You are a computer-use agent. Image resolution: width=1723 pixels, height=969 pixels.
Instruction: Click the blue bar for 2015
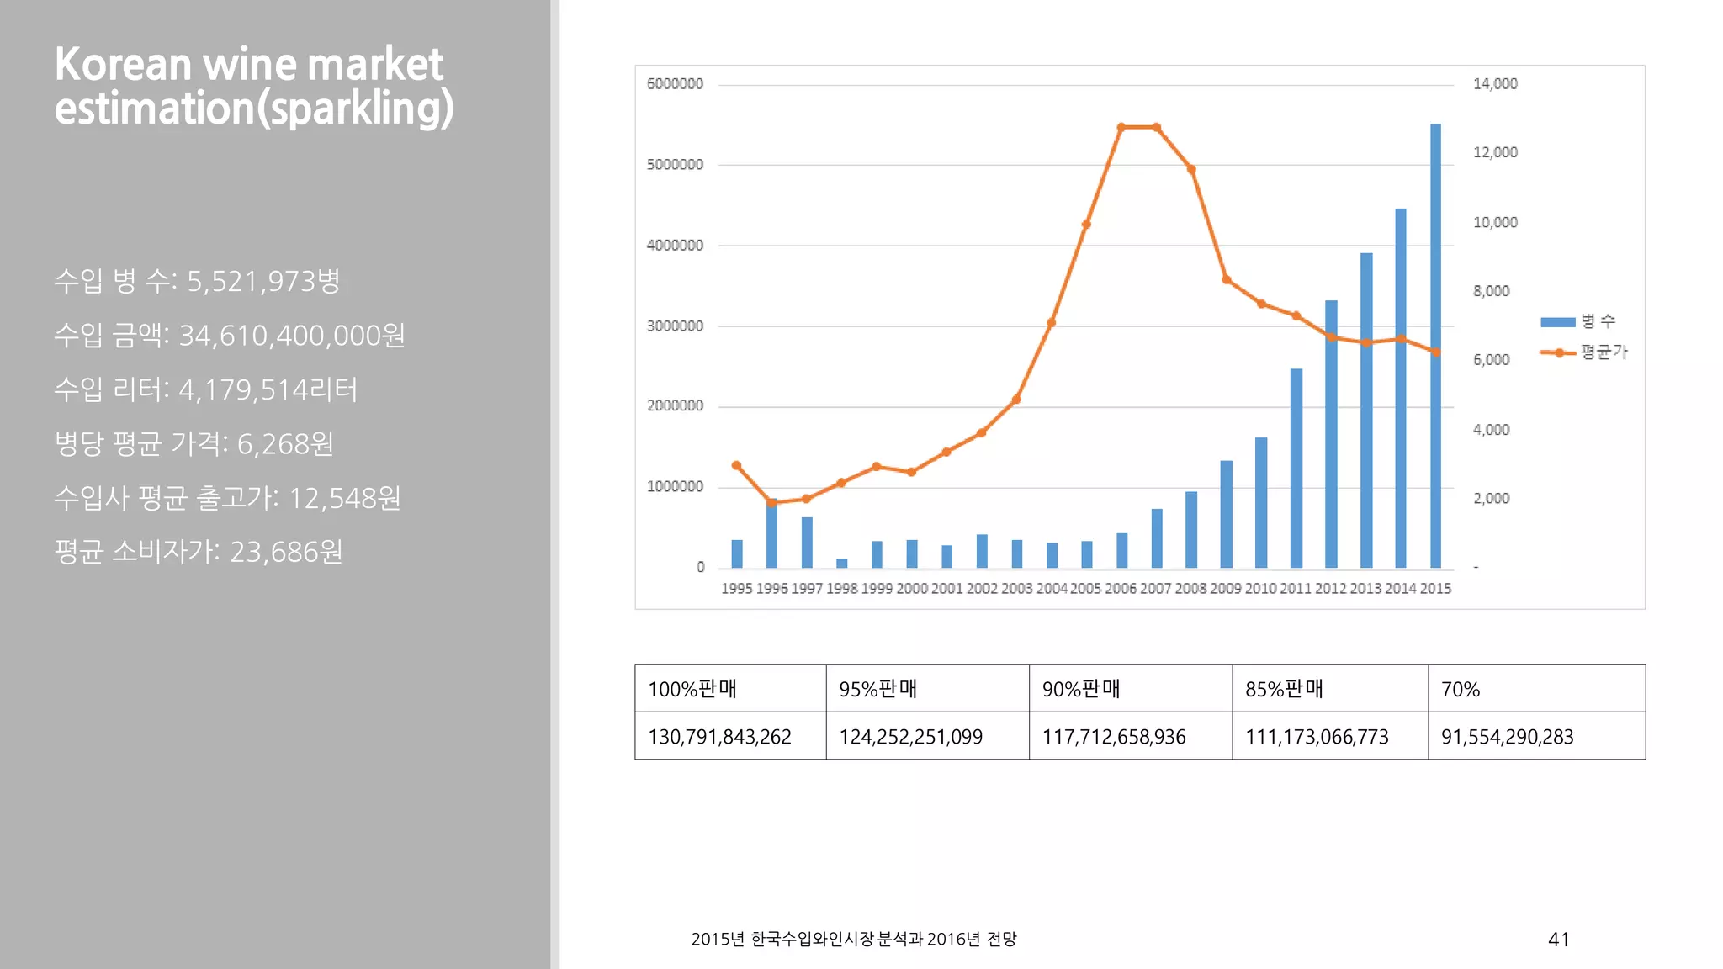(x=1435, y=345)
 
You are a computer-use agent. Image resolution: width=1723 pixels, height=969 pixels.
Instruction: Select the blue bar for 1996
(x=771, y=535)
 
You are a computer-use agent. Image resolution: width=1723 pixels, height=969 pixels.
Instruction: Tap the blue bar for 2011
(x=1296, y=468)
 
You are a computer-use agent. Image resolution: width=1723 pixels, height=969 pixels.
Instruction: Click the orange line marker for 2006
(x=1121, y=128)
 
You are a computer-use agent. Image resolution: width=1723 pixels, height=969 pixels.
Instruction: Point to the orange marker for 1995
(x=736, y=465)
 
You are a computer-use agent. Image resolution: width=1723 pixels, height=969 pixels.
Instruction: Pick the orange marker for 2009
(x=1226, y=279)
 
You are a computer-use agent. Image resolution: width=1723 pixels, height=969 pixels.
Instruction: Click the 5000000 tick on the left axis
(x=675, y=165)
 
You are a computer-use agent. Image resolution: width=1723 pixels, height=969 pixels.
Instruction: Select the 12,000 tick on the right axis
(x=1495, y=152)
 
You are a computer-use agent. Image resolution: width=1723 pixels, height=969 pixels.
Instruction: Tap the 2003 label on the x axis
(x=1016, y=589)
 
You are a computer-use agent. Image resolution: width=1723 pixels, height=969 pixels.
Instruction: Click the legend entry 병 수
(x=1578, y=321)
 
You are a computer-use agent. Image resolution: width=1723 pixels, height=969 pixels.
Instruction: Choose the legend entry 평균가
(x=1583, y=352)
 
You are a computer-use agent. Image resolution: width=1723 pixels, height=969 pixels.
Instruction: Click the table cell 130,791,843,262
(x=719, y=737)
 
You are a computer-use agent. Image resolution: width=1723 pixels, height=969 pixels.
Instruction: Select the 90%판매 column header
(x=1080, y=689)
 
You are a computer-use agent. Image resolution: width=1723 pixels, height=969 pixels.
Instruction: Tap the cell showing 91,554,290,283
(x=1507, y=737)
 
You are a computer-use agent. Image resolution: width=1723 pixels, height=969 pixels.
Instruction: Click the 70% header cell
(x=1461, y=689)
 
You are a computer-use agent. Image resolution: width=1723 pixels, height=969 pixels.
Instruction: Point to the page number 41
(x=1558, y=940)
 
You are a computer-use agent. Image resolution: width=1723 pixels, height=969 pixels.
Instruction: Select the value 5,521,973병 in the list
(x=263, y=281)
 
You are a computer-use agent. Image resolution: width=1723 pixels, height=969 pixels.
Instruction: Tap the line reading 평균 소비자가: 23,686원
(x=199, y=552)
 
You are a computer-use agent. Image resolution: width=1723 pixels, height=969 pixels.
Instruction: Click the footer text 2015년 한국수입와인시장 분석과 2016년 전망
(x=853, y=939)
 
